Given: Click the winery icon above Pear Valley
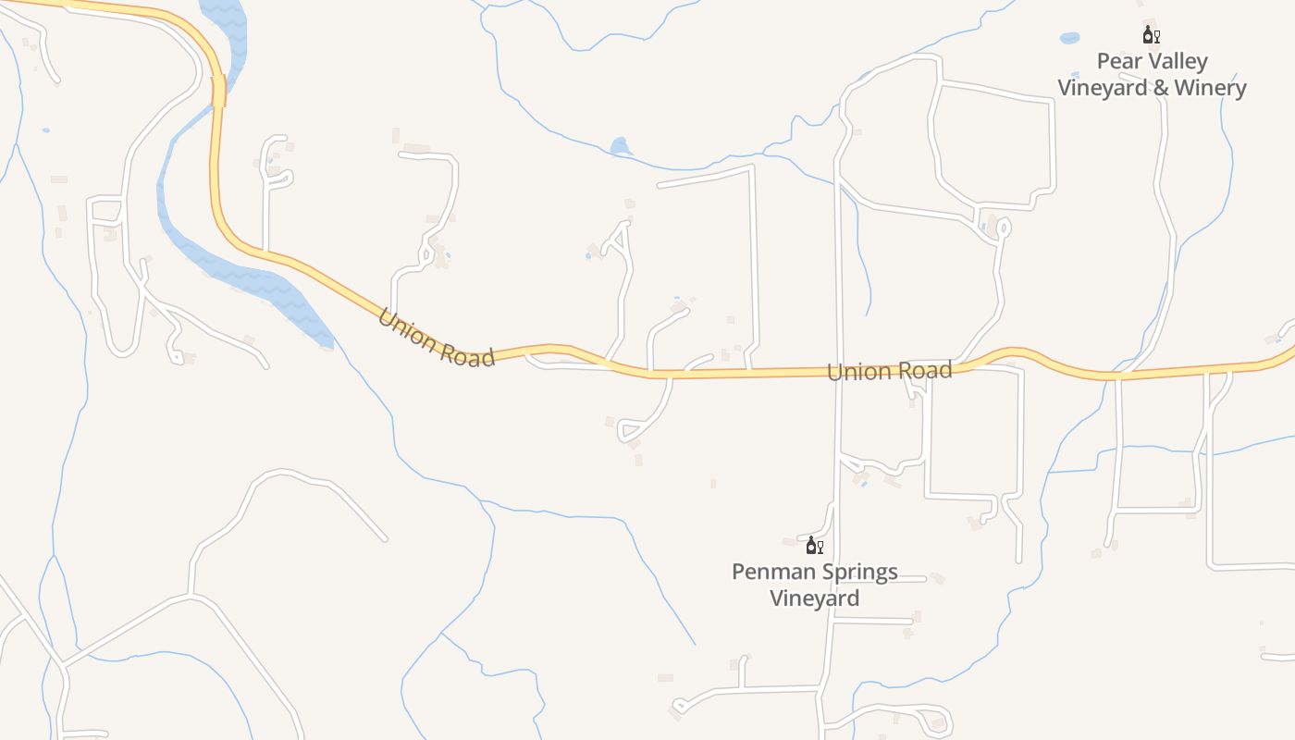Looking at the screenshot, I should [x=1151, y=36].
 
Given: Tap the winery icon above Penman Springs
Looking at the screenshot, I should [x=814, y=545].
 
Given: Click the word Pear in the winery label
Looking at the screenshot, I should [x=1116, y=62].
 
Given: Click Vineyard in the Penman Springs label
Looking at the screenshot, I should [x=815, y=598].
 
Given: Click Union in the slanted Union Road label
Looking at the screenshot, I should [x=407, y=330].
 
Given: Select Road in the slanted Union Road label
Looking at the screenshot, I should [x=468, y=355].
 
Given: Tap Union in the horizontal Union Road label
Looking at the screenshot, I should [x=857, y=372].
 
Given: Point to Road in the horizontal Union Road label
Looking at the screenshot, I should [x=921, y=370].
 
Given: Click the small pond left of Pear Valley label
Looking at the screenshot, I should [x=1069, y=39].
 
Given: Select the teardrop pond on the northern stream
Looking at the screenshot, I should [x=620, y=146].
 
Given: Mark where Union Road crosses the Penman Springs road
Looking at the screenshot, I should [x=838, y=372].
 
